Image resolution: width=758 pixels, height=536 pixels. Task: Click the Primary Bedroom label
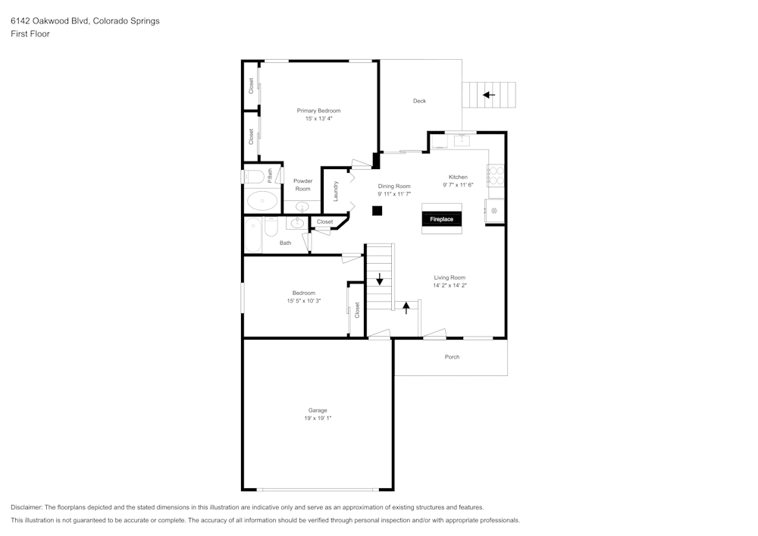[318, 111]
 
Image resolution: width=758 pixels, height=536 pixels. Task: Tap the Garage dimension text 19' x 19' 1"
[318, 418]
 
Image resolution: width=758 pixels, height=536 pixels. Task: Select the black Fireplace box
[442, 219]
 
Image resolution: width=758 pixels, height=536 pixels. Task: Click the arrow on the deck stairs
[489, 95]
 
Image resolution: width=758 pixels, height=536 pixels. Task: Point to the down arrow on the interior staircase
[380, 278]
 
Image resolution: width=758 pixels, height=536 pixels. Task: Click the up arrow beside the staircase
[406, 307]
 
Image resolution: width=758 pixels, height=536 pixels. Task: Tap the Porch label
[452, 357]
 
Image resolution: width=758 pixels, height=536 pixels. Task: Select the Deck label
[419, 101]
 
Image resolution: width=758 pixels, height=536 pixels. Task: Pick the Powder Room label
[303, 185]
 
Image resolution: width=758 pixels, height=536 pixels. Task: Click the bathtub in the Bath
[253, 235]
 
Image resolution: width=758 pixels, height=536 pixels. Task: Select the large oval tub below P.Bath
[262, 201]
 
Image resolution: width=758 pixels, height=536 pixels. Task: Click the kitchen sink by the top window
[460, 140]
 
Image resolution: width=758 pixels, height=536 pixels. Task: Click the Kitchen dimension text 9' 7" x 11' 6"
[458, 185]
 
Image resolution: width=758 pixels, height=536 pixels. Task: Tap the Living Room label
[449, 277]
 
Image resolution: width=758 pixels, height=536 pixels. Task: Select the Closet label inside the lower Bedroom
[357, 310]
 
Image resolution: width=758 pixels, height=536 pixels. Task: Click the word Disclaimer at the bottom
[27, 507]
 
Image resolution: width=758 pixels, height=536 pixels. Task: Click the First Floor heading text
[30, 34]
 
